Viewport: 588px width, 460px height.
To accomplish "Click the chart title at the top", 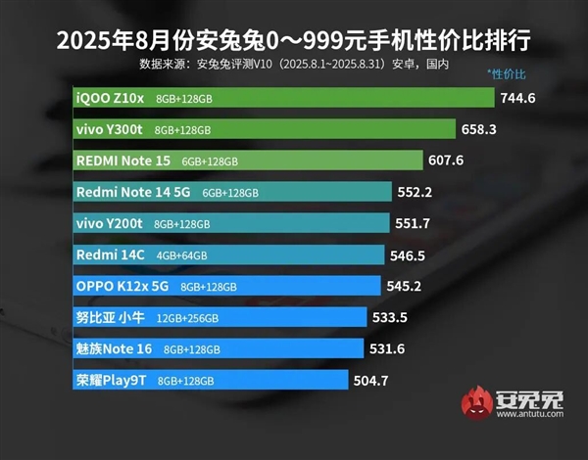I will pos(294,41).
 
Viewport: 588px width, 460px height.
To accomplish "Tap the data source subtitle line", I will pos(294,65).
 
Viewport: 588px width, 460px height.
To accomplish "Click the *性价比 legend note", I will pos(506,75).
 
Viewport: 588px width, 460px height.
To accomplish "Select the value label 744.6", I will pos(520,98).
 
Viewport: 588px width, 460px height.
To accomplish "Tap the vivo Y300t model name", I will pos(110,129).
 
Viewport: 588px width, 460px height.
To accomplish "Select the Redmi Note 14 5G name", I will pos(133,192).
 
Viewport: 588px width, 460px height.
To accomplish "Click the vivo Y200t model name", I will pos(110,223).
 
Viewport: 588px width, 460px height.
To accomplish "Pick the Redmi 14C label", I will pos(108,254).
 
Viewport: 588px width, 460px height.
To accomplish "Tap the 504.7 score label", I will pos(371,380).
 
